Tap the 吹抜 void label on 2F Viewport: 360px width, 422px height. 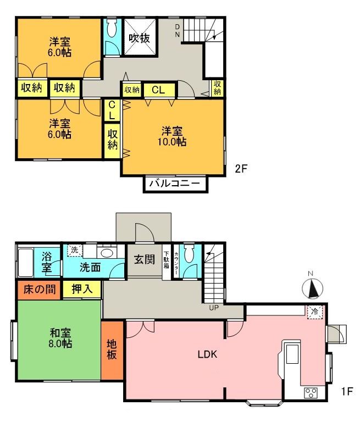[x=139, y=38]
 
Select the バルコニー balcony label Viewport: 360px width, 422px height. [x=175, y=184]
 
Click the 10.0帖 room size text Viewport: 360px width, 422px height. [x=172, y=142]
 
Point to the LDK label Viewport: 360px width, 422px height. [x=207, y=354]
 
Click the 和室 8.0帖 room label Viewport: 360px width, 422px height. [x=60, y=338]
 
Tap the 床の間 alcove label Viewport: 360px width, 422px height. [x=40, y=290]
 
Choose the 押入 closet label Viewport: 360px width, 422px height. [x=82, y=289]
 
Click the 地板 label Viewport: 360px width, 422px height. [x=112, y=349]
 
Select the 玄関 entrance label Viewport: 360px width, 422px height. [x=145, y=259]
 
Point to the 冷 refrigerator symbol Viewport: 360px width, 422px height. [x=315, y=312]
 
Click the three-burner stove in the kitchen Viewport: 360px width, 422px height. [x=311, y=393]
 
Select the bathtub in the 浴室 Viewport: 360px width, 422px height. [x=26, y=263]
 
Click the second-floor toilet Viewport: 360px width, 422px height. [x=112, y=28]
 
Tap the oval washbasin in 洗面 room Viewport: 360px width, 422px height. [x=107, y=253]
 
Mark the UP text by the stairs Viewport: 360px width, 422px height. [x=214, y=307]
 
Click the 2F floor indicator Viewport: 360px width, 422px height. [x=241, y=169]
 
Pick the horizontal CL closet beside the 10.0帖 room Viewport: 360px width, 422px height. [x=159, y=90]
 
